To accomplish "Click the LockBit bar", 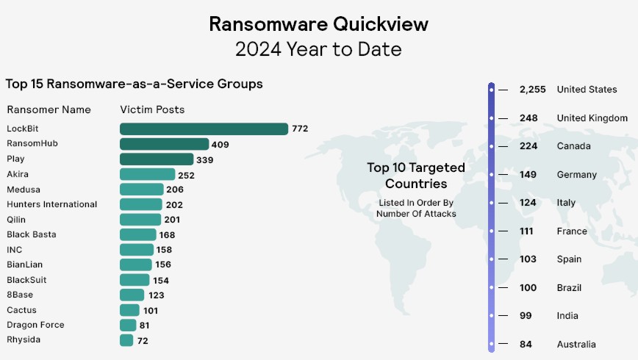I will [204, 129].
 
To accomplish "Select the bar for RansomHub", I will [164, 144].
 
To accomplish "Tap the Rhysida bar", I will [126, 340].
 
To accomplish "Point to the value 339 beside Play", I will [205, 159].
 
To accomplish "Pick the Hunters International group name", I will [52, 204].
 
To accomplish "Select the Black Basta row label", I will [32, 234].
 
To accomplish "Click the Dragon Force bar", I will [128, 325].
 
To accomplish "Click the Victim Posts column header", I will [152, 109].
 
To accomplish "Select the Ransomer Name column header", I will [49, 109].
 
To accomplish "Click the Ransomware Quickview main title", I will [318, 24].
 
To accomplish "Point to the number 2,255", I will [533, 90].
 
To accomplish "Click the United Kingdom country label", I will [592, 118].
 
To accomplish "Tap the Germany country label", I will [577, 175].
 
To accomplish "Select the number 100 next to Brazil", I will [528, 288].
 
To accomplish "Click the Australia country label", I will [576, 345].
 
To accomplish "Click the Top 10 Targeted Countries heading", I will [416, 176].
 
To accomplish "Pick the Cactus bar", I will [129, 310].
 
